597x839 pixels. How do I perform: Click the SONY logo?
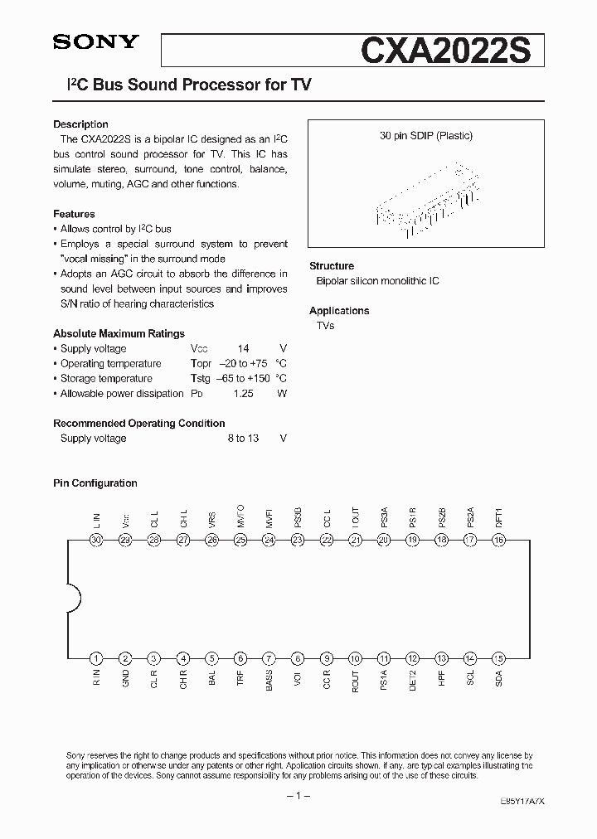pos(96,44)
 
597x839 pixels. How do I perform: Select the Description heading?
pos(80,124)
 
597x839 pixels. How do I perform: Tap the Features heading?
pos(74,214)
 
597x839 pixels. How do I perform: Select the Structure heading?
pos(332,266)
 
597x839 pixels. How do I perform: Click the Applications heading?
pos(339,311)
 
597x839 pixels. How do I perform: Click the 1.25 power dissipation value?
pos(242,394)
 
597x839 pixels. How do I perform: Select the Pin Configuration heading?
pos(95,483)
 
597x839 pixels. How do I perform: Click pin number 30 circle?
pos(96,540)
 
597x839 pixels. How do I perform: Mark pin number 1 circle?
pos(96,658)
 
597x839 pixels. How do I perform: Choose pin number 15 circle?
pos(498,658)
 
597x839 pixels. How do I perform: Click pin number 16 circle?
pos(498,540)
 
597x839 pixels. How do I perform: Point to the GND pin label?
pos(126,678)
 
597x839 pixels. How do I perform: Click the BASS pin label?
pos(269,680)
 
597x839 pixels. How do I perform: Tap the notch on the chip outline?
pos(73,599)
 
